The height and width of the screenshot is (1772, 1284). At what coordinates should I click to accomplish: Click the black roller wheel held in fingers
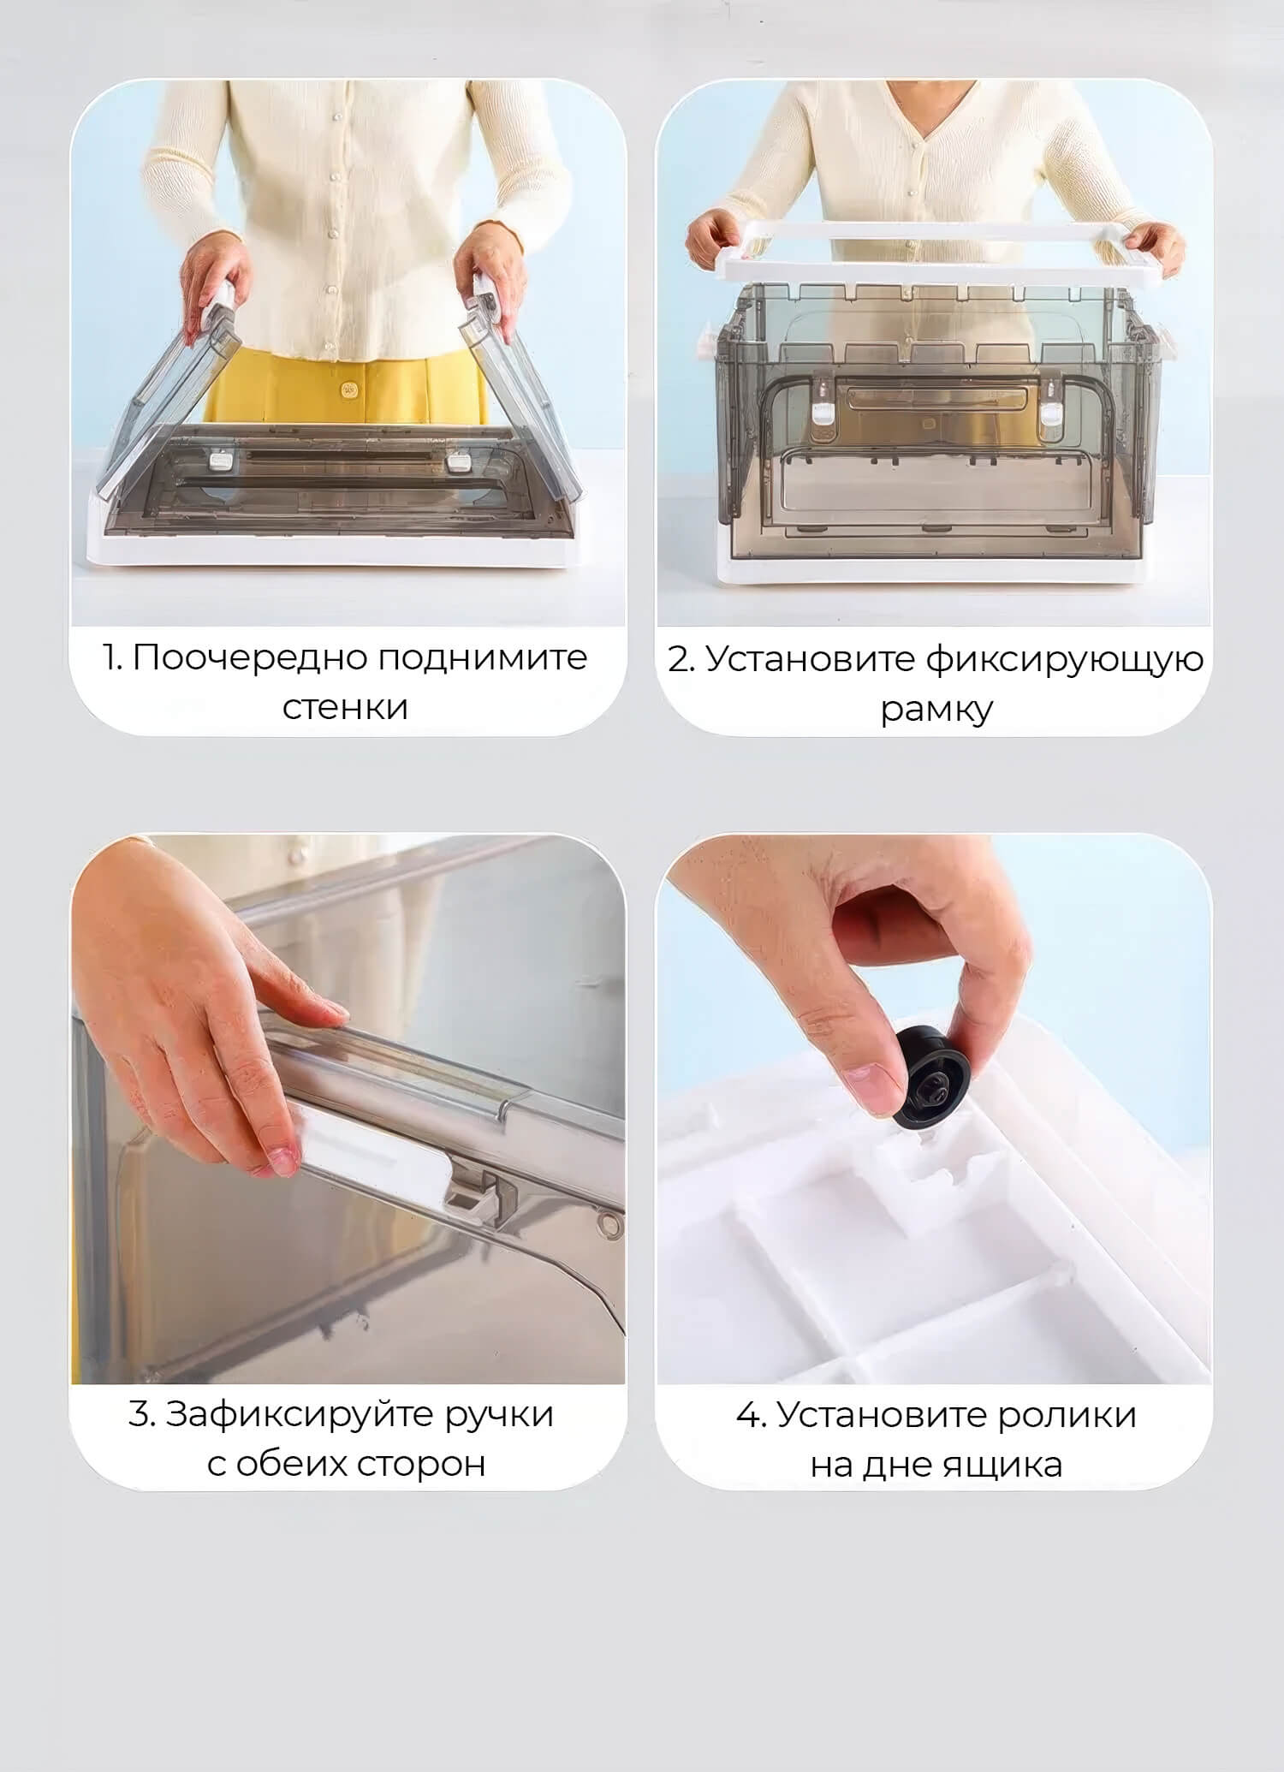[932, 1079]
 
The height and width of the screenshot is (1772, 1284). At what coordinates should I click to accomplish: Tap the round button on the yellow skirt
[348, 390]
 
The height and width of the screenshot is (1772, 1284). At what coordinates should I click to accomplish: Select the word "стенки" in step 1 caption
[345, 708]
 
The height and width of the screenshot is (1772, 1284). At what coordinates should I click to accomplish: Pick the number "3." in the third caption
[142, 1414]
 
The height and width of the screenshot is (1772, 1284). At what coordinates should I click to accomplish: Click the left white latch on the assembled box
[823, 403]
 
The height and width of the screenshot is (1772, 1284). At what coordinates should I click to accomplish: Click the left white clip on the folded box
[221, 463]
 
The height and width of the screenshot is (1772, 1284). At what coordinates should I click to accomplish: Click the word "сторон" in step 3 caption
[421, 1465]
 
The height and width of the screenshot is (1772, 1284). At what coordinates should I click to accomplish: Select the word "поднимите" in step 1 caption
[483, 658]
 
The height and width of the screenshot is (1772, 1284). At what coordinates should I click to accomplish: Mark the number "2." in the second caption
[681, 660]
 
